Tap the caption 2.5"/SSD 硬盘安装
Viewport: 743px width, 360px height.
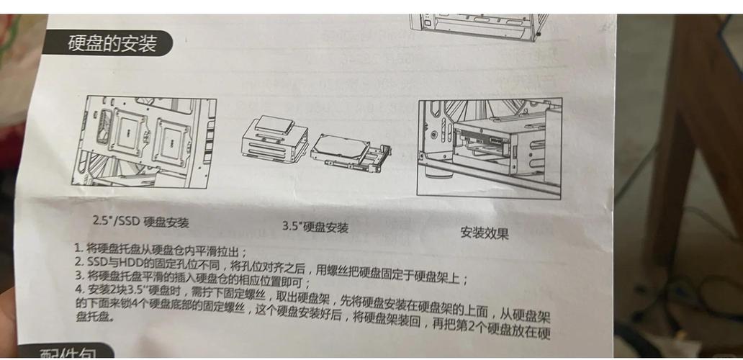point(140,220)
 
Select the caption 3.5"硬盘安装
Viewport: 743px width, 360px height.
point(315,226)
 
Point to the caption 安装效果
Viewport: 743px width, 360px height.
point(485,233)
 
